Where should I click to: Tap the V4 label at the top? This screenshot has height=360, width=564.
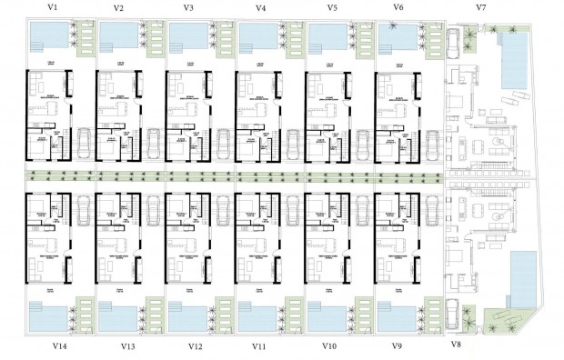pyautogui.click(x=261, y=8)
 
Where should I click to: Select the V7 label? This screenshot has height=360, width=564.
pyautogui.click(x=480, y=8)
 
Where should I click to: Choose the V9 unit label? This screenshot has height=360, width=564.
pyautogui.click(x=398, y=347)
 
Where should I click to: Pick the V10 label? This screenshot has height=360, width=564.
pyautogui.click(x=329, y=347)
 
